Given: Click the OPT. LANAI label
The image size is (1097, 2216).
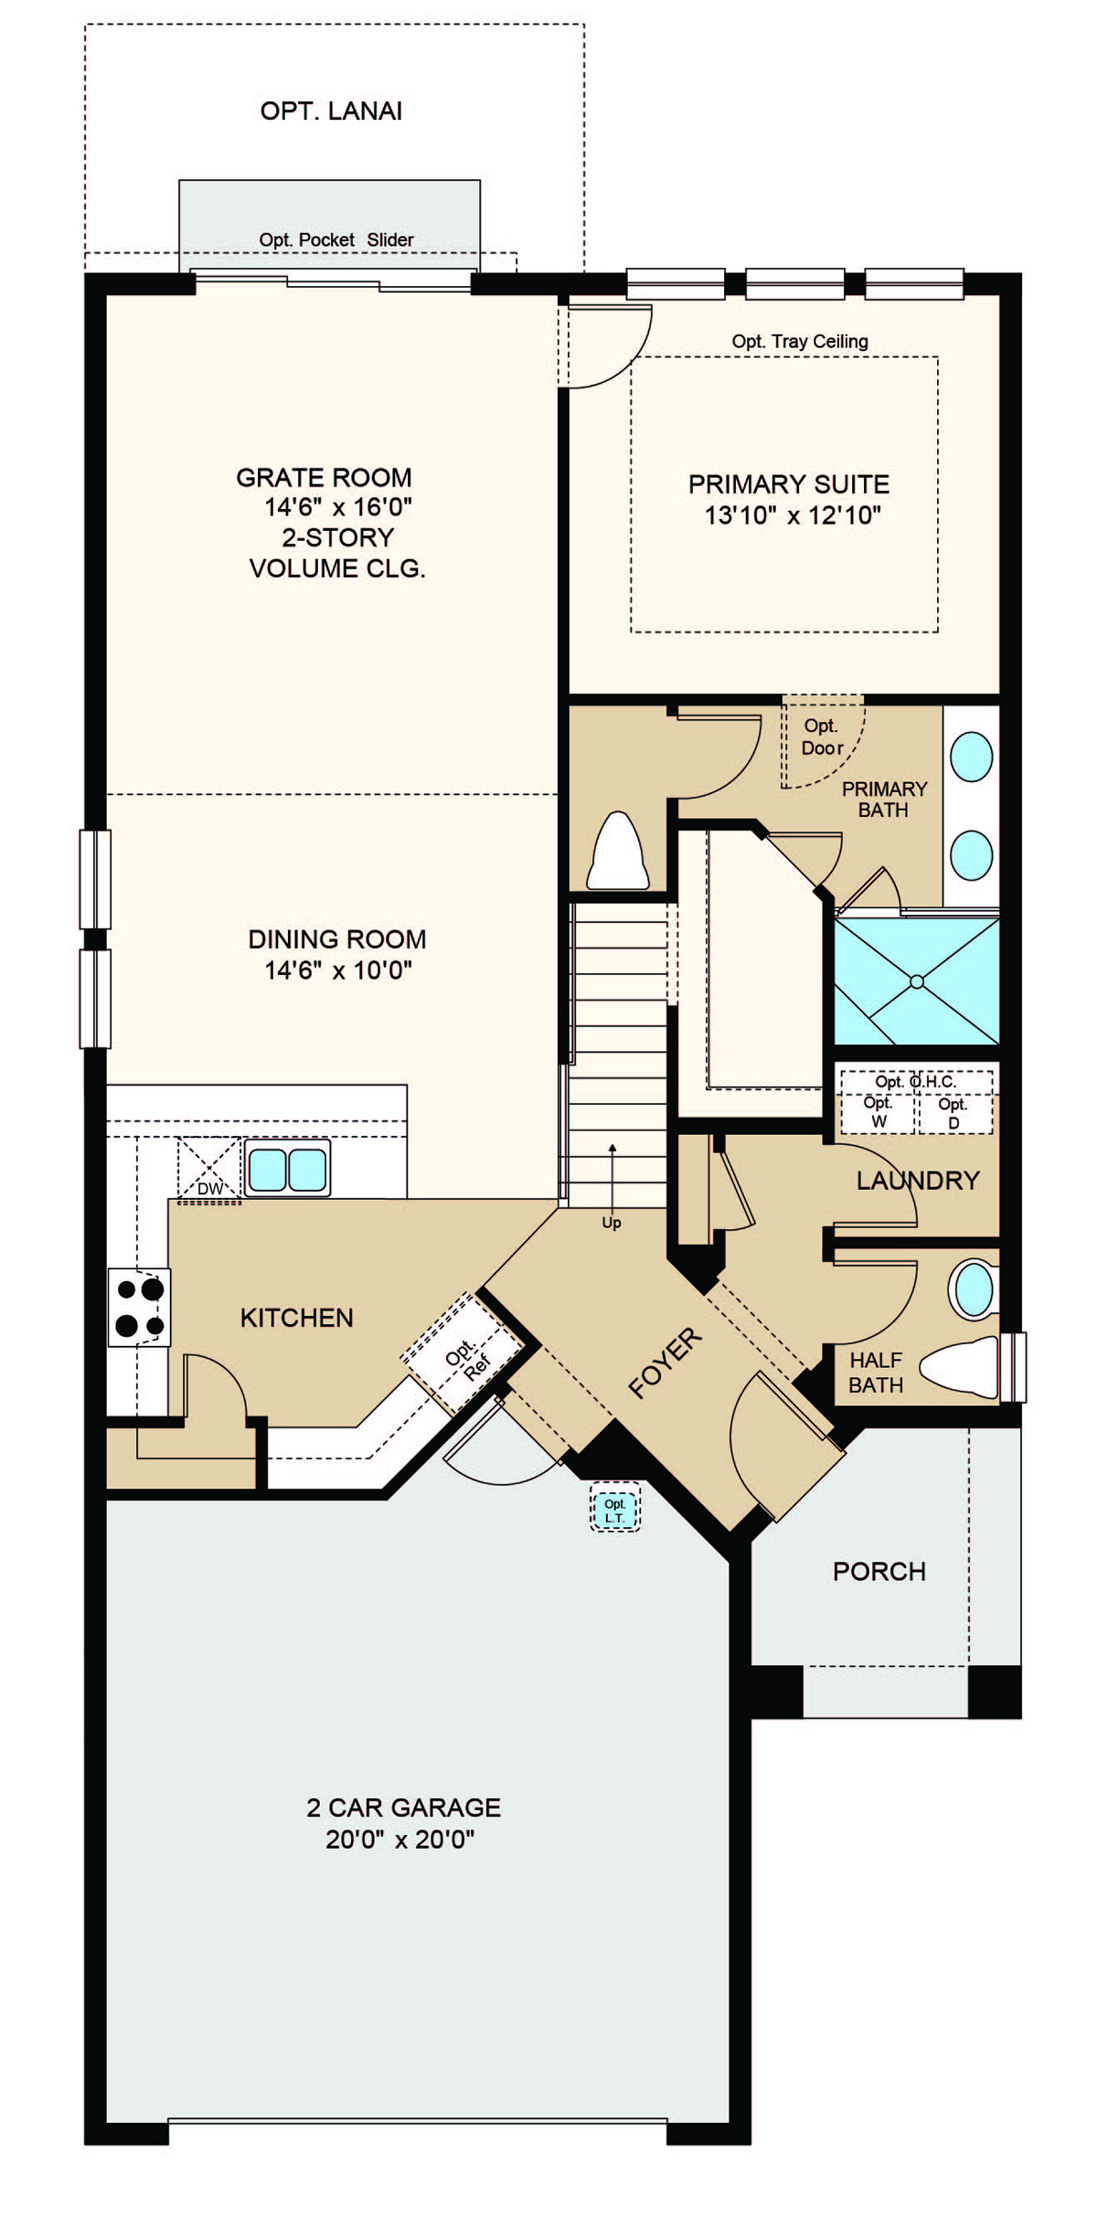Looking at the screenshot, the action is point(331,111).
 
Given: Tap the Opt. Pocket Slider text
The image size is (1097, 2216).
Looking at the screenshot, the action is point(336,239).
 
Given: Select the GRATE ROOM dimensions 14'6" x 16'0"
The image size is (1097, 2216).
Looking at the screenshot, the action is point(338,506).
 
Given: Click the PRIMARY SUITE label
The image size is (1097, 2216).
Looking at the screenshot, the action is point(789,484).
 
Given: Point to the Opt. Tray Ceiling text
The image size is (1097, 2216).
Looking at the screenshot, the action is point(800,341).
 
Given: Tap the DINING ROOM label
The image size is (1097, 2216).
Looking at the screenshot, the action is point(337,939).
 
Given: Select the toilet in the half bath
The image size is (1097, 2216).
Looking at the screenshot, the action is point(959,1367).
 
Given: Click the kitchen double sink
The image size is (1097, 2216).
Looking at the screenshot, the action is point(287,1168).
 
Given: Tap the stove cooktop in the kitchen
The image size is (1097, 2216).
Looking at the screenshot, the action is point(139,1307).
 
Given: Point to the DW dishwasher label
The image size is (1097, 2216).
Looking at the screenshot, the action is point(210,1189).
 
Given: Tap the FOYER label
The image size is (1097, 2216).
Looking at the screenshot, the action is point(666,1362).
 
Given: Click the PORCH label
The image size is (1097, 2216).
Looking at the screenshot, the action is point(879,1571).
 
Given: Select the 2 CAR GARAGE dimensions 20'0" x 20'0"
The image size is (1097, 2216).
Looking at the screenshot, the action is point(400,1839).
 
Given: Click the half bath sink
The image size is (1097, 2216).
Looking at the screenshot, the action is point(975,1289).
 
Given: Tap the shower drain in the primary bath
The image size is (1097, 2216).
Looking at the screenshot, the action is point(917,981).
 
